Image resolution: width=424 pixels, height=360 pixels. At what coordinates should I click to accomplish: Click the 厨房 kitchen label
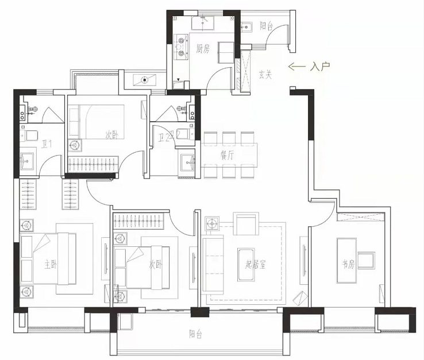[x=203, y=49]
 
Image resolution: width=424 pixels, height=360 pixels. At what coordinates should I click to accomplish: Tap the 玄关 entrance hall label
[x=265, y=75]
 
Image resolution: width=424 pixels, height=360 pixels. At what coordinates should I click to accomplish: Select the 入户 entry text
[x=320, y=66]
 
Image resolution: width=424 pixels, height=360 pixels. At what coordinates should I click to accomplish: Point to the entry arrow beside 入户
[x=297, y=66]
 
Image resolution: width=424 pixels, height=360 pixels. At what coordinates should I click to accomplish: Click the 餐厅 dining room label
[x=228, y=156]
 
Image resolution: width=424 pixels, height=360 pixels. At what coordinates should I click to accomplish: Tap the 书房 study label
[x=348, y=264]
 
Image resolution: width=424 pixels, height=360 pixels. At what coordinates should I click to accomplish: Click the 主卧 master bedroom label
[x=51, y=265]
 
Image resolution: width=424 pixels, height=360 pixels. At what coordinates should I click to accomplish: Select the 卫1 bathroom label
[x=47, y=144]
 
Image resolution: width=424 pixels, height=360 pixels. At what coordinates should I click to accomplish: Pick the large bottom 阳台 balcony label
[x=196, y=335]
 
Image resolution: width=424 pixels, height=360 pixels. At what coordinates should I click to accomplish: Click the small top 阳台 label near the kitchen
[x=267, y=26]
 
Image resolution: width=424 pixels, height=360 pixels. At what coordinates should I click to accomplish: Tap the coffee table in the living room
[x=246, y=265]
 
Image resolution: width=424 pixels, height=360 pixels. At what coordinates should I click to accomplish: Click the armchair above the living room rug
[x=246, y=224]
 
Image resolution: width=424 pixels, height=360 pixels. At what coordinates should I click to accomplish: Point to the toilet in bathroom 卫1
[x=29, y=136]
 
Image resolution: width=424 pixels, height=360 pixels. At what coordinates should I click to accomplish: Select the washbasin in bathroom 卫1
[x=28, y=161]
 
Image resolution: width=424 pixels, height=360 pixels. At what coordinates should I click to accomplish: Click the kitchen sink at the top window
[x=203, y=23]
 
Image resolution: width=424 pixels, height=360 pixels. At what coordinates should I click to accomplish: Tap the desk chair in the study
[x=367, y=260]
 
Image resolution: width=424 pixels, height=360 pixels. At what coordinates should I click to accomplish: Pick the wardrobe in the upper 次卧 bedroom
[x=93, y=164]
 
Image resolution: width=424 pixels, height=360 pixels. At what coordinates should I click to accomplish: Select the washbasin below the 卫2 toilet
[x=187, y=163]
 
